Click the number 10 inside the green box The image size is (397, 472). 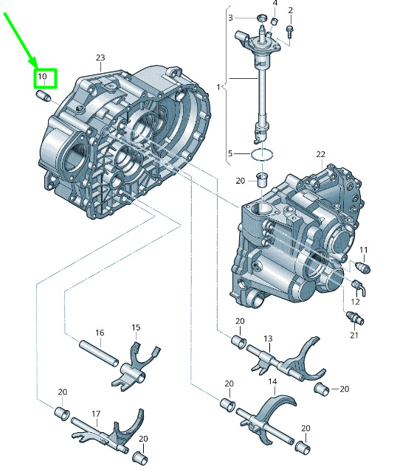pyautogui.click(x=42, y=77)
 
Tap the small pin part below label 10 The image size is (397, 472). pyautogui.click(x=44, y=97)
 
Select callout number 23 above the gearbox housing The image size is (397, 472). pyautogui.click(x=100, y=58)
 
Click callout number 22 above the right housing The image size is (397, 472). pyautogui.click(x=321, y=154)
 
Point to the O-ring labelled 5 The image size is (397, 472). pyautogui.click(x=263, y=155)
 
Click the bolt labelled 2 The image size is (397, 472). pyautogui.click(x=290, y=31)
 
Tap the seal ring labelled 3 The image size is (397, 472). pyautogui.click(x=263, y=18)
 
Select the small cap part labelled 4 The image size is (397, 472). pyautogui.click(x=275, y=21)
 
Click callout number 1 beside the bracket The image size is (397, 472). pyautogui.click(x=218, y=87)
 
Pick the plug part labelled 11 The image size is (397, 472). pyautogui.click(x=363, y=267)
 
